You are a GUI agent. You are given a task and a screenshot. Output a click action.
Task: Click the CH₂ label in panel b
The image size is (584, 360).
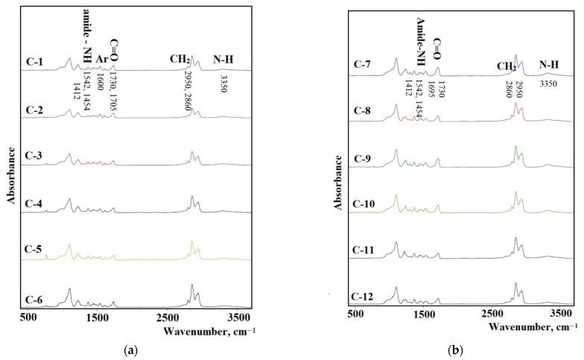[507, 66]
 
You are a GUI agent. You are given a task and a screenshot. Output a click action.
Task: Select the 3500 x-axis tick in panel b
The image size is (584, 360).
[563, 315]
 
